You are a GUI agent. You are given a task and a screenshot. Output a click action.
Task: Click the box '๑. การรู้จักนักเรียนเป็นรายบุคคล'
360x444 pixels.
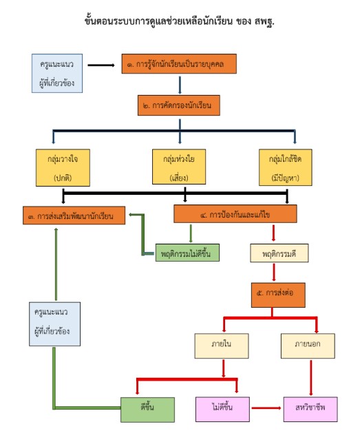(179, 64)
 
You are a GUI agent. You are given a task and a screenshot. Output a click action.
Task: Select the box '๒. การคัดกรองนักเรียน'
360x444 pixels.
(179, 105)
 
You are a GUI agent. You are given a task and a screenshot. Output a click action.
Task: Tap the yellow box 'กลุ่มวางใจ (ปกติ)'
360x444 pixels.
(63, 168)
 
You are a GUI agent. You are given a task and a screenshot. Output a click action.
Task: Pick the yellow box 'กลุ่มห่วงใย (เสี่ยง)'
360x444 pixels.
(179, 167)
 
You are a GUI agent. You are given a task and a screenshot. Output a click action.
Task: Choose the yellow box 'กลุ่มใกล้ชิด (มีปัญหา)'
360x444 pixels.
(286, 167)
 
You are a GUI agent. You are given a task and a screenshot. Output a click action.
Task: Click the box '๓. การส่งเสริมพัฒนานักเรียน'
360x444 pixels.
(74, 215)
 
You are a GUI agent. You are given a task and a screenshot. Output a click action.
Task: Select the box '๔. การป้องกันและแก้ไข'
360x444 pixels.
(235, 214)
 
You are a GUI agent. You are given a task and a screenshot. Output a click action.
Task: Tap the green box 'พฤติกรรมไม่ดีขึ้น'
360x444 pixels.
(187, 253)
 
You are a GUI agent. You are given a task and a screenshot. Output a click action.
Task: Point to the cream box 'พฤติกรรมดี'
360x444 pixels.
(279, 253)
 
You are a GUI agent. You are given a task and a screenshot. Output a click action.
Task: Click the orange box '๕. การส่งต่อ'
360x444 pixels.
(278, 295)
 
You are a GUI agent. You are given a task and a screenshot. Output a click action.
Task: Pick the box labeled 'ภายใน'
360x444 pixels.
(222, 346)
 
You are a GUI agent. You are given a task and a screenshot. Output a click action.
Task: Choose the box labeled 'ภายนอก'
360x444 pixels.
(308, 346)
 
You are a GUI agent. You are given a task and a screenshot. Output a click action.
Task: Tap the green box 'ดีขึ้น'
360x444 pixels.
(147, 410)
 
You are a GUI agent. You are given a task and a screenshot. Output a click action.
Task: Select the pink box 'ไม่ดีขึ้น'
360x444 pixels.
(222, 409)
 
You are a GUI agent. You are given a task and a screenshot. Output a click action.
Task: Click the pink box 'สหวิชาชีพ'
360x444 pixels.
(310, 409)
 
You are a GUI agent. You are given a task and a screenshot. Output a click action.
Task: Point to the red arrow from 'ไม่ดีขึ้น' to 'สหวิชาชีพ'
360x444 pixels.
(266, 408)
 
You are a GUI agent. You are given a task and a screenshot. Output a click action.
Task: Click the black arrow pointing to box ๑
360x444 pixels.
(101, 65)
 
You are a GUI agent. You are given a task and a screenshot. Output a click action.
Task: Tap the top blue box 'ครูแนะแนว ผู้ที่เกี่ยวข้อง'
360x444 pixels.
(57, 74)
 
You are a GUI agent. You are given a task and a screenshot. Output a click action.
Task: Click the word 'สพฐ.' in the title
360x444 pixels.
(264, 21)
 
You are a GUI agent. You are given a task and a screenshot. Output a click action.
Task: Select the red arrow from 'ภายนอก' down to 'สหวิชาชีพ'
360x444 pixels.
(310, 378)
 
